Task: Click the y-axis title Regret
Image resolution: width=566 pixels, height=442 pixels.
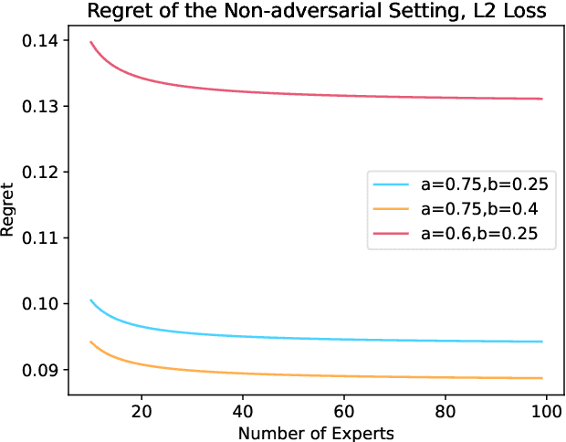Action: point(8,219)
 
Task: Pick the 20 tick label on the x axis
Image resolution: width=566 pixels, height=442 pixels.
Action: point(141,412)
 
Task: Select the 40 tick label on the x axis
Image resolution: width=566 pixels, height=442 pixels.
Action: point(242,412)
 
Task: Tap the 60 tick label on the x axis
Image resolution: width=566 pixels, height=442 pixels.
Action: point(343,412)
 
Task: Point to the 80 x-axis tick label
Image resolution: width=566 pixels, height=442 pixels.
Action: point(445,412)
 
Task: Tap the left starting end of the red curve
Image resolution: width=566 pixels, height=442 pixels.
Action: point(90,42)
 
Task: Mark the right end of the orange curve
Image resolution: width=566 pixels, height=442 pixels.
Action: point(541,378)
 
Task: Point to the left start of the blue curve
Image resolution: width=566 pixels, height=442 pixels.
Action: point(90,300)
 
